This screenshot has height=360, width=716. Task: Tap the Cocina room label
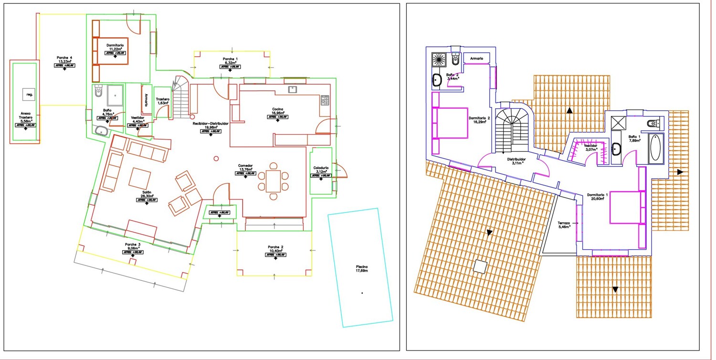click(278, 111)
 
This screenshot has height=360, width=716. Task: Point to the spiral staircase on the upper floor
click(512, 127)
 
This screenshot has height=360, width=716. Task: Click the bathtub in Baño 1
click(656, 148)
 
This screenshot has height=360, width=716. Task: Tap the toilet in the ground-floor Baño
click(98, 91)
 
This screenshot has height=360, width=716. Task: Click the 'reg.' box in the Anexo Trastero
click(30, 95)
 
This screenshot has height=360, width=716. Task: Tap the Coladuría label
click(320, 169)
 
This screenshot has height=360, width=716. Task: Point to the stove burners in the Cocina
click(325, 100)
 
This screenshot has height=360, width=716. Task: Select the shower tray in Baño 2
click(438, 59)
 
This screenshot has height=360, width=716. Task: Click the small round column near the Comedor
click(216, 159)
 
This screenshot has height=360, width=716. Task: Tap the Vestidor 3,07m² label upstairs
click(591, 147)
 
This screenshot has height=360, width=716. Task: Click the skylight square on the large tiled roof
click(481, 266)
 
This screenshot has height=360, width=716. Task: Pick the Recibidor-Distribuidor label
click(211, 125)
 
